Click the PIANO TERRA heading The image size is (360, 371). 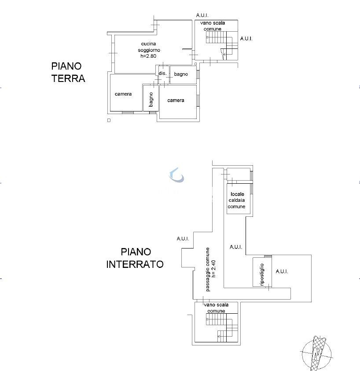point(68,72)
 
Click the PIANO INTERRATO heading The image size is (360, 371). point(135,258)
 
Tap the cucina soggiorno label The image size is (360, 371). point(149,47)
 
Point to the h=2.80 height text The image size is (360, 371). point(148,56)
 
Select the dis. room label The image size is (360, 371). point(162,73)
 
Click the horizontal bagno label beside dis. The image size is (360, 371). point(181,74)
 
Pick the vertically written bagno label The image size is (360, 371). point(151,100)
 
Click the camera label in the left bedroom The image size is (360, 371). point(123,94)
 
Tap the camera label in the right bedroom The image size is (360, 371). point(176,100)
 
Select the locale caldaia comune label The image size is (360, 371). point(237,200)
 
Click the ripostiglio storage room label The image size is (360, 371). point(262,275)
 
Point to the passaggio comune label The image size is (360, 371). point(208,269)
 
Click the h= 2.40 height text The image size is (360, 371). point(214,268)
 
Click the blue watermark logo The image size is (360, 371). point(176,174)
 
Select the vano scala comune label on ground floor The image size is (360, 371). point(213,26)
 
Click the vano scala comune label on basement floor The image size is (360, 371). point(216,308)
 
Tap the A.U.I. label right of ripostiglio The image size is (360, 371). point(282,271)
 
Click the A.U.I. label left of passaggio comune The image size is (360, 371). point(183,239)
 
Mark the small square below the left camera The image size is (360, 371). point(109,120)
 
